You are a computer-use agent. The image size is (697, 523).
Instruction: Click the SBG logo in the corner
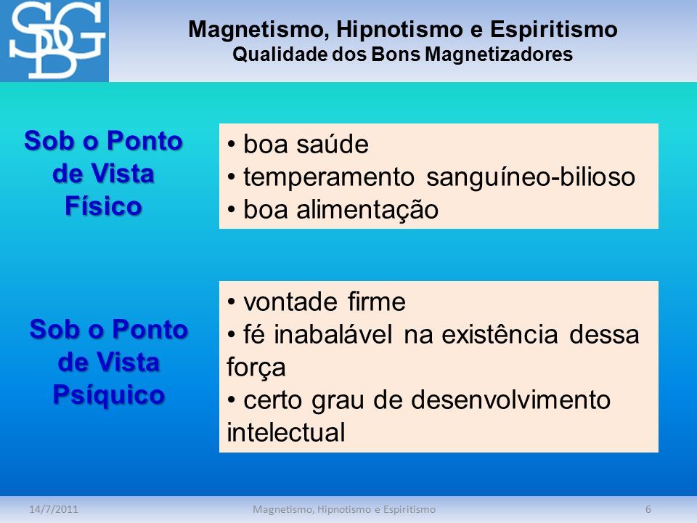(54, 41)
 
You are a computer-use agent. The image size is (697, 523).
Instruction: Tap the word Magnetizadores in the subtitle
(499, 54)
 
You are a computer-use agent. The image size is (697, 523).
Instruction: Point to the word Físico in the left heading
(103, 206)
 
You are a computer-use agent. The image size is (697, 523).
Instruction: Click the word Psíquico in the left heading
(109, 394)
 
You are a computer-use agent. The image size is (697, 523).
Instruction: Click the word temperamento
(329, 177)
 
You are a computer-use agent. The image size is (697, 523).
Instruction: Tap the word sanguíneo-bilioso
(531, 177)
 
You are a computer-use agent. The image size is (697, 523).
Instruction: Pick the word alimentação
(367, 210)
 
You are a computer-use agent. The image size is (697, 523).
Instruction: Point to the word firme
(377, 301)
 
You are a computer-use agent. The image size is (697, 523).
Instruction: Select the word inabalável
(333, 334)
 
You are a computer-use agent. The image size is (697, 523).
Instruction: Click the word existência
(500, 334)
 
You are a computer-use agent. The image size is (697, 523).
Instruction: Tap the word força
(256, 368)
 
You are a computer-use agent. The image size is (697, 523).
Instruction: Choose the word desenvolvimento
(510, 400)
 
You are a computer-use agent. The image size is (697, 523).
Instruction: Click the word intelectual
(286, 431)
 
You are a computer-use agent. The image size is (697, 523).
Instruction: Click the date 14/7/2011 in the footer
(54, 509)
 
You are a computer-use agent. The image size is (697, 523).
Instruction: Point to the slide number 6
(648, 509)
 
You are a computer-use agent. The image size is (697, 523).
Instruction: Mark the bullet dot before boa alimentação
(231, 210)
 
